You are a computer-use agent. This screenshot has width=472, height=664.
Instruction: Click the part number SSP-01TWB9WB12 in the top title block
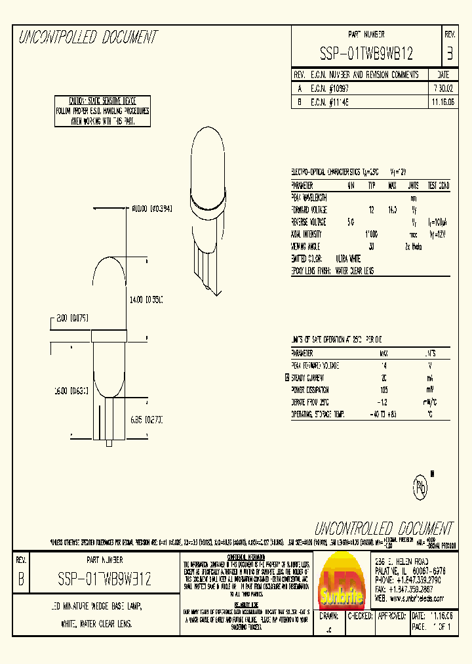pos(366,53)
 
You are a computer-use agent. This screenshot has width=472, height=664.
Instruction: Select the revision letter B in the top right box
pos(449,52)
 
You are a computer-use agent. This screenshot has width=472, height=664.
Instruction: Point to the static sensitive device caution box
pos(102,111)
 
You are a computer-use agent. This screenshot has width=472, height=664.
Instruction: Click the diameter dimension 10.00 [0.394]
pos(151,209)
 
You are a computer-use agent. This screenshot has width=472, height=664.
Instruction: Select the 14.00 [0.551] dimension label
pos(146,299)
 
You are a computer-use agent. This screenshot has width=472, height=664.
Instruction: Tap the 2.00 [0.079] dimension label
pos(72,318)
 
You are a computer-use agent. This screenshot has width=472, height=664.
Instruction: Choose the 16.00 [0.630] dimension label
pos(71,390)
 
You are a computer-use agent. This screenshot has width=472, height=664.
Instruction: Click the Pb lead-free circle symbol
pos(420,487)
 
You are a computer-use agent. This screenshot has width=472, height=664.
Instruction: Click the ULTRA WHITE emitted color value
pos(349,259)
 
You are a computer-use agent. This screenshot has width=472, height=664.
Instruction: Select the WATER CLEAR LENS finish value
pos(360,270)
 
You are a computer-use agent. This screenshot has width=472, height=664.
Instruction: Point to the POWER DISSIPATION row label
pos(314,389)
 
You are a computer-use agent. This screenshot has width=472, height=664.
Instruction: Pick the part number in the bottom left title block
pos(104,579)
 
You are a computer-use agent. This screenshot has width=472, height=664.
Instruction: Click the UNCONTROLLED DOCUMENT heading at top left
pos(88,37)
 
